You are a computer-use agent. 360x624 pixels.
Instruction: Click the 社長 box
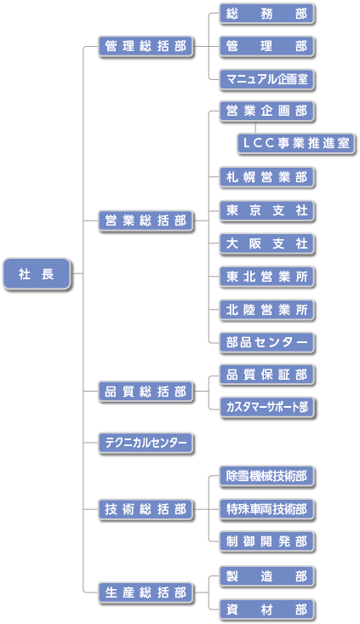click(37, 274)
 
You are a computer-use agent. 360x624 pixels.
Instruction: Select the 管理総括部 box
click(146, 47)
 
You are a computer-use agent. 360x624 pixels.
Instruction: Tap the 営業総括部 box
click(146, 220)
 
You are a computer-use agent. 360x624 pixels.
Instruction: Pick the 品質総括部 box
click(146, 392)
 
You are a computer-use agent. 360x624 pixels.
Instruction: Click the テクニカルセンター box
click(146, 443)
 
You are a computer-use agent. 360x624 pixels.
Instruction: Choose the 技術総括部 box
click(146, 509)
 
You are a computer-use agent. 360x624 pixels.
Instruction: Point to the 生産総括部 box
click(146, 593)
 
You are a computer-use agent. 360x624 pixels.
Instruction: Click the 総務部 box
click(267, 14)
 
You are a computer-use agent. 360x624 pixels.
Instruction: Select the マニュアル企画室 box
click(267, 79)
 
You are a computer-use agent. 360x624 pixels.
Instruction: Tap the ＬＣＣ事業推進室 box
click(296, 143)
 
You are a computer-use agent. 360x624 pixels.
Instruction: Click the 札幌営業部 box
click(267, 177)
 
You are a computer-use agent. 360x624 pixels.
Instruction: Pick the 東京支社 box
click(267, 210)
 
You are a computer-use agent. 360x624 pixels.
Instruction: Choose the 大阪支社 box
click(267, 243)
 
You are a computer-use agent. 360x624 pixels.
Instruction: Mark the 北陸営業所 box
click(267, 310)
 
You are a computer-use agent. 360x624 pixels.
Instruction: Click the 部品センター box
click(267, 342)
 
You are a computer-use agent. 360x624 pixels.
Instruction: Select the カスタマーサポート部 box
click(267, 407)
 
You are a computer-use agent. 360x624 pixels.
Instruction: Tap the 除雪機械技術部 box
click(267, 476)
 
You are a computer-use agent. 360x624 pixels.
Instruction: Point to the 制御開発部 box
click(267, 541)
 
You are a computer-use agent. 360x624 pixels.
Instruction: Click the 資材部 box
click(267, 610)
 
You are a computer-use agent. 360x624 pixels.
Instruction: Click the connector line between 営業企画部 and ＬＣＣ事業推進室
click(255, 128)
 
